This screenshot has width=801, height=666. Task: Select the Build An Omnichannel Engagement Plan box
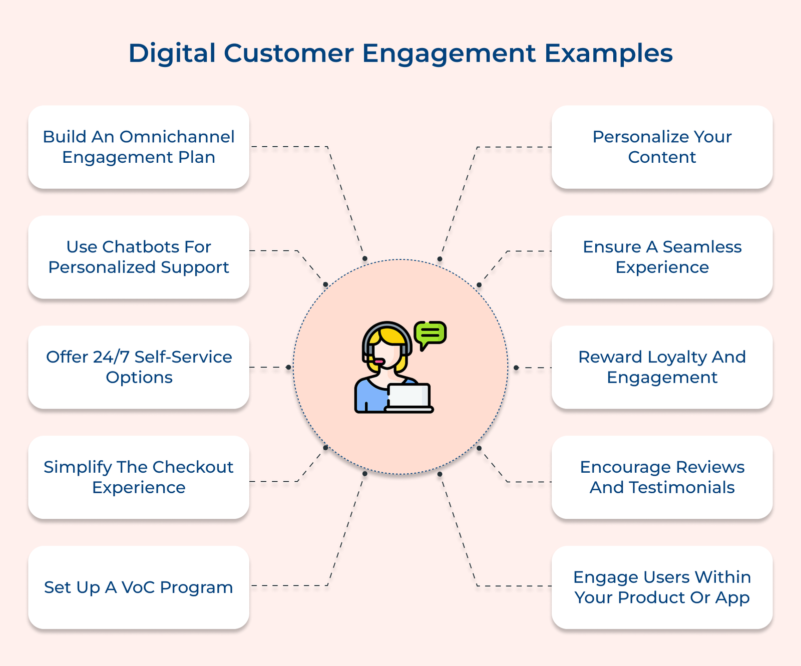[x=139, y=147]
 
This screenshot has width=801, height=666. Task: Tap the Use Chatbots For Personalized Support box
[x=139, y=257]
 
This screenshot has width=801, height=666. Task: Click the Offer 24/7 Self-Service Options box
[x=139, y=368]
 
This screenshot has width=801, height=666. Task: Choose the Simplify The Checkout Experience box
[x=139, y=477]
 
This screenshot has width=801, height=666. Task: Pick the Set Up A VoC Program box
[x=139, y=587]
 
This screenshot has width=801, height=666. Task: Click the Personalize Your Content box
[x=662, y=147]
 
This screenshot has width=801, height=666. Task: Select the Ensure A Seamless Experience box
[x=662, y=257]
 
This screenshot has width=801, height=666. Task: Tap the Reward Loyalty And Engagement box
[x=662, y=368]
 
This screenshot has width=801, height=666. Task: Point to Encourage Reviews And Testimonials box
[x=662, y=477]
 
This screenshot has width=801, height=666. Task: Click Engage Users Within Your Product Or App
[x=662, y=587]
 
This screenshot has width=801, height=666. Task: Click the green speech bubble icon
[x=430, y=334]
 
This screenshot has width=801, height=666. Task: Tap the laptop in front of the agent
[x=409, y=397]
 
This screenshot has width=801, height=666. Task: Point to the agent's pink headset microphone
[x=379, y=362]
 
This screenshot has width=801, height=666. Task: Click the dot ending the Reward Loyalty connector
[x=516, y=368]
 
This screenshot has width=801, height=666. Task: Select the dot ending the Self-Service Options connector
[x=288, y=368]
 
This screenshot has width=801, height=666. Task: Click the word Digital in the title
[x=172, y=53]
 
